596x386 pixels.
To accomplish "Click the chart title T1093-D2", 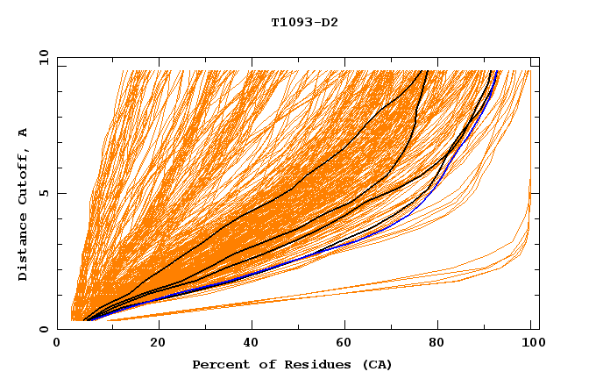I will tap(304, 22).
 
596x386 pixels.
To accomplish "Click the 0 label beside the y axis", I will tap(45, 329).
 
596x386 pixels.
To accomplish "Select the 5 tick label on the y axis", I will tap(45, 193).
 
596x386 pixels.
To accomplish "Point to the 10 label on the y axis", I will tap(42, 57).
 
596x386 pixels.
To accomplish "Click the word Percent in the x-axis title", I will tap(216, 364).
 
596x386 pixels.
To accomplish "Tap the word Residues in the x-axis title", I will tap(306, 364).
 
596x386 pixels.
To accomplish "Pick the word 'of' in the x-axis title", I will tap(260, 364).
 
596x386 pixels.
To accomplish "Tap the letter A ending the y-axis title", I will tap(24, 132).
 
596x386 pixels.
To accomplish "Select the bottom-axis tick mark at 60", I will tap(347, 325).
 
